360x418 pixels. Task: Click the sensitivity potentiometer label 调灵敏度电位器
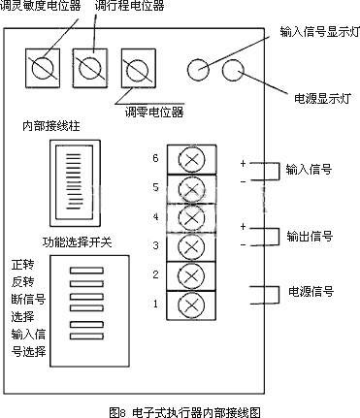41,6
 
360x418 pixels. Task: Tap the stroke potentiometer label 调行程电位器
130,6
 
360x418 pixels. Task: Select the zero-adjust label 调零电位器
154,113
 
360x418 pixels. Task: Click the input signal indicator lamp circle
198,70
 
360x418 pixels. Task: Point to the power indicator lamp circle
233,70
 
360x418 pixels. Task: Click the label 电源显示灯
322,98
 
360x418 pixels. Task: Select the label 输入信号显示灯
319,32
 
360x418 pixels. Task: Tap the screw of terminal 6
191,159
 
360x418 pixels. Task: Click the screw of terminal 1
191,305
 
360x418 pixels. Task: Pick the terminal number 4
155,216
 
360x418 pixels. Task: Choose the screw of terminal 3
191,247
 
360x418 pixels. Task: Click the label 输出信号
310,236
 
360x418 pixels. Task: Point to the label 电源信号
311,291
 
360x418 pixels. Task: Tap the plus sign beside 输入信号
243,164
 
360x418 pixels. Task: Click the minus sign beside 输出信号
243,245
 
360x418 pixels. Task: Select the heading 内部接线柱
51,126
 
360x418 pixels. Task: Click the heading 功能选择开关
77,241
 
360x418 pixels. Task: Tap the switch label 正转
22,265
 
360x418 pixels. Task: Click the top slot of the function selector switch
86,271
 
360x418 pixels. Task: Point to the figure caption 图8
117,412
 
